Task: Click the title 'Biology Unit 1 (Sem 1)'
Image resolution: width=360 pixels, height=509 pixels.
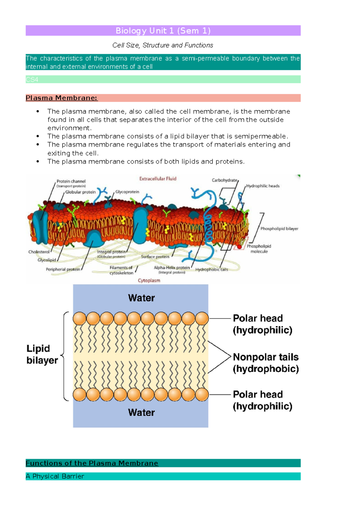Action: click(x=163, y=31)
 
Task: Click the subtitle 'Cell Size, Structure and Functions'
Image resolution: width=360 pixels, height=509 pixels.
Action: click(x=163, y=45)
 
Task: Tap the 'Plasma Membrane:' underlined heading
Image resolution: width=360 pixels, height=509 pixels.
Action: click(x=61, y=98)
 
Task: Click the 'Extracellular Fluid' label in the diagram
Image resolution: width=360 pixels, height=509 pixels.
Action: click(x=158, y=179)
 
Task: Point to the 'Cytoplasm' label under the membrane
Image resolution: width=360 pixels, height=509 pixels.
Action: click(x=149, y=281)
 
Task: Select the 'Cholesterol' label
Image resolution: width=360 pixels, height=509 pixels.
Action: click(x=39, y=252)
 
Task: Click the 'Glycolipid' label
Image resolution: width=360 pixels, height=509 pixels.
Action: click(x=46, y=260)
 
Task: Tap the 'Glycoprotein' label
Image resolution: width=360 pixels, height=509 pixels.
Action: click(x=127, y=192)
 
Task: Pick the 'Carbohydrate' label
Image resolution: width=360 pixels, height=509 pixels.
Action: click(x=224, y=180)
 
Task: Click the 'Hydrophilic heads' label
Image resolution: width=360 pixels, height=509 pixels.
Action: click(x=263, y=186)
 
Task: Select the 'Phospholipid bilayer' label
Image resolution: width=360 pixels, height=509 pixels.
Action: click(x=279, y=229)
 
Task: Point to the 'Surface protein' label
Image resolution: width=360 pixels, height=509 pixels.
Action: click(x=155, y=257)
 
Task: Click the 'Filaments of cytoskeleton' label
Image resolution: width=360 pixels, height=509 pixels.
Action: click(x=121, y=270)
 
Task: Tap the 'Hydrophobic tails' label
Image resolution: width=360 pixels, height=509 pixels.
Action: click(x=211, y=269)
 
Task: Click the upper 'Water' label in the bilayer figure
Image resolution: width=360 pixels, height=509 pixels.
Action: click(x=141, y=298)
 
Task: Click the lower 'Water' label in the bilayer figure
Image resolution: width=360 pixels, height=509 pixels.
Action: click(x=141, y=412)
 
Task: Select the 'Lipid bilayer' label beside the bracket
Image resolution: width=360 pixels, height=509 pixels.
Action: click(x=42, y=354)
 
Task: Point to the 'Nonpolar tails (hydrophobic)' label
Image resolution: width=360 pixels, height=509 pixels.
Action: click(x=265, y=363)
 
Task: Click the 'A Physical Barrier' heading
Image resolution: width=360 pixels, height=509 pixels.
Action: click(x=55, y=476)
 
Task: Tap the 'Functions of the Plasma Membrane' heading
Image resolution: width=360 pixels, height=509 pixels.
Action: click(x=92, y=463)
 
